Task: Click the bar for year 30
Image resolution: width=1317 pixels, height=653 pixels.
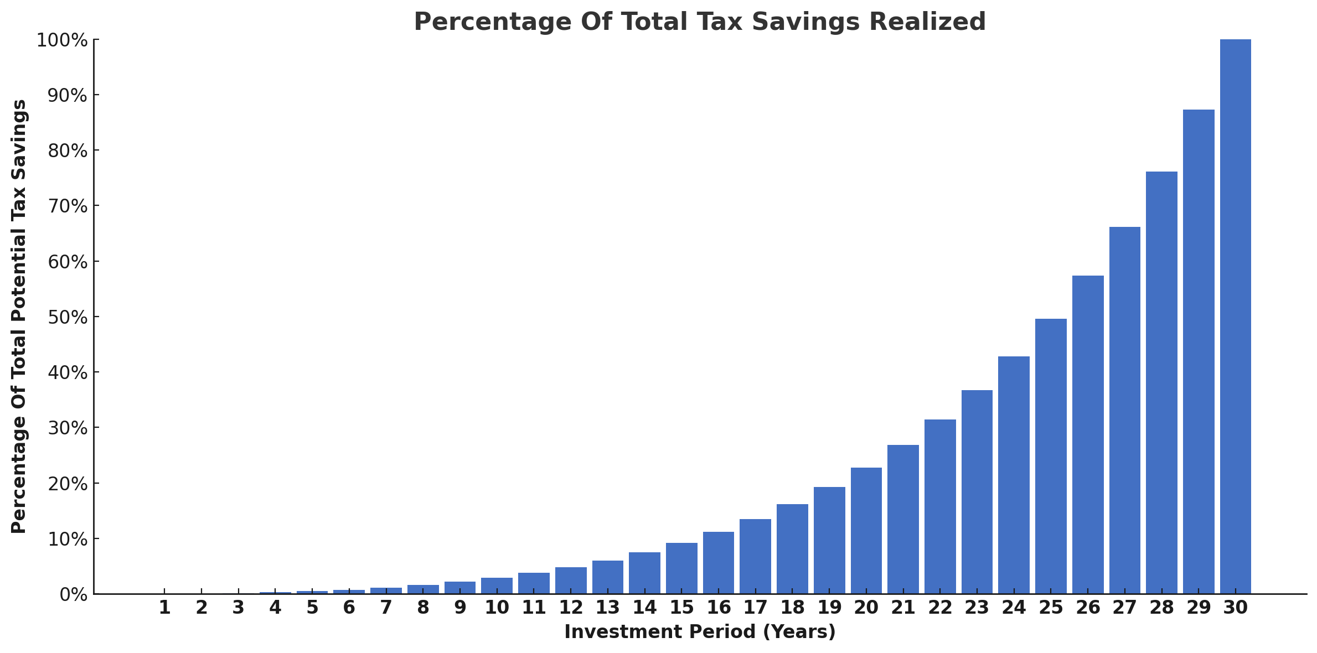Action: pos(1235,317)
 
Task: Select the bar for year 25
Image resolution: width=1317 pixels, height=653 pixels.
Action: pos(1051,456)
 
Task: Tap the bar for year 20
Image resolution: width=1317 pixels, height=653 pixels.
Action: pos(866,531)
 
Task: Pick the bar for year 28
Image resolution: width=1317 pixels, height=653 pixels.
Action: pos(1161,382)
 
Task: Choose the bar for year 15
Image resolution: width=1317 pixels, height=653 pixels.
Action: pos(681,568)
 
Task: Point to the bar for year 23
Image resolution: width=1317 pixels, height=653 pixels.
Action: pos(977,492)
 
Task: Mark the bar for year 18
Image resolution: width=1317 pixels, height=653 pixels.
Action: pos(792,549)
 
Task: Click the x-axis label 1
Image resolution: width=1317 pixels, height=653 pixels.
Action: pos(164,608)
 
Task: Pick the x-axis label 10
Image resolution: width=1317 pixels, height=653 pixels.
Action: pos(497,608)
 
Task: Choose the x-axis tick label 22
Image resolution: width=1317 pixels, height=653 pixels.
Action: pos(940,608)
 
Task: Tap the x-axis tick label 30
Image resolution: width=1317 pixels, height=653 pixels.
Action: pos(1235,608)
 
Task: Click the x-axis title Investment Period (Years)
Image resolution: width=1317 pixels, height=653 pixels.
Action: pos(700,632)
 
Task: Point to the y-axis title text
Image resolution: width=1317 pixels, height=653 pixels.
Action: pos(19,317)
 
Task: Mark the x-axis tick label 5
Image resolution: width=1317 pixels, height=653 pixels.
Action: pos(312,608)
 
